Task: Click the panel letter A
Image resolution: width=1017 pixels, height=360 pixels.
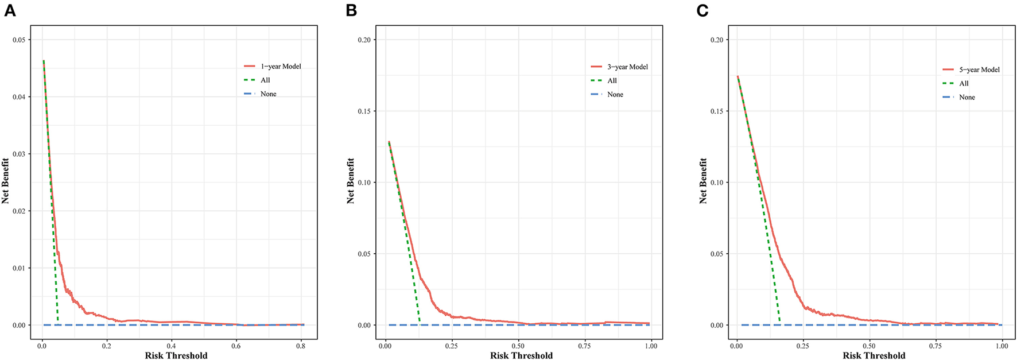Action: tap(9, 10)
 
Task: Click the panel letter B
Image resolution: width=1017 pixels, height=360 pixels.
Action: tap(351, 10)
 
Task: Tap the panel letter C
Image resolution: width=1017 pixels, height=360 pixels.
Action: tap(702, 10)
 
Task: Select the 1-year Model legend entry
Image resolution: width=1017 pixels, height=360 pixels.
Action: tap(281, 67)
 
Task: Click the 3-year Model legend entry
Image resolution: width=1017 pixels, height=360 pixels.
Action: tap(627, 67)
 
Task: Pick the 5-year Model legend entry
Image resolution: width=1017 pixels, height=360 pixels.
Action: tap(979, 70)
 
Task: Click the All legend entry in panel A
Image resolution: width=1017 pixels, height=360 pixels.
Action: tap(265, 80)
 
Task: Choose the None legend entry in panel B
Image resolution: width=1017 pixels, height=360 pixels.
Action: tap(615, 95)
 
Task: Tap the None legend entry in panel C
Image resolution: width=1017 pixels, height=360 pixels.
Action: tap(966, 98)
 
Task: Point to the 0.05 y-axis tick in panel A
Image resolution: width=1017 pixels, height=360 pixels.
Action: tap(19, 40)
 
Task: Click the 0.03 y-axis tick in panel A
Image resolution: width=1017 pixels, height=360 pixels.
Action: tap(19, 154)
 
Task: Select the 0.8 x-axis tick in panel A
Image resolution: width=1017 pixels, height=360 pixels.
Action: tap(301, 346)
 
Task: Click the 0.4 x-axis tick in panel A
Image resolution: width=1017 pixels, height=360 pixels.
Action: tap(171, 346)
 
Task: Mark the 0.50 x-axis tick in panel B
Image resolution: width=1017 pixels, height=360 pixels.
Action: tap(518, 346)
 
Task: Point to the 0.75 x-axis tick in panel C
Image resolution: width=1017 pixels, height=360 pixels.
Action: tap(936, 346)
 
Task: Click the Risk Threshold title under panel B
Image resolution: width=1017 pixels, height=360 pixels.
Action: tap(521, 355)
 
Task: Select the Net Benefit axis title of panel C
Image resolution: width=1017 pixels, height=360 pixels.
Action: tap(703, 181)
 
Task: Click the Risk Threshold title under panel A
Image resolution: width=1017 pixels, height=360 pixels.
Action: tap(176, 355)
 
